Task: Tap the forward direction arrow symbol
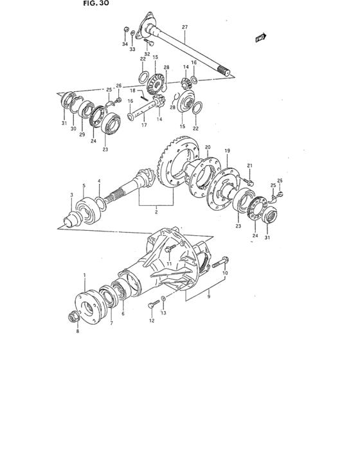(260, 39)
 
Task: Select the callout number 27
(184, 27)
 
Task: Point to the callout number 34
(125, 44)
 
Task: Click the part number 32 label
(147, 54)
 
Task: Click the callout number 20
(207, 147)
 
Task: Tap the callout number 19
(227, 151)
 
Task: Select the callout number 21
(250, 166)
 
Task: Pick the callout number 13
(163, 313)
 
